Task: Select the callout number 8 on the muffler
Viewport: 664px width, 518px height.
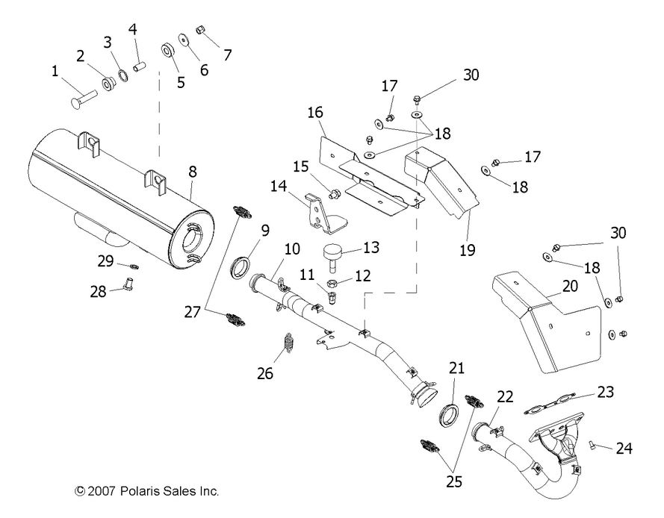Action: [x=193, y=171]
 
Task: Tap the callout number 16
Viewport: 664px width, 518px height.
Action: [x=314, y=113]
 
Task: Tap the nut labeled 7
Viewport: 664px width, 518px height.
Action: [x=201, y=31]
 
